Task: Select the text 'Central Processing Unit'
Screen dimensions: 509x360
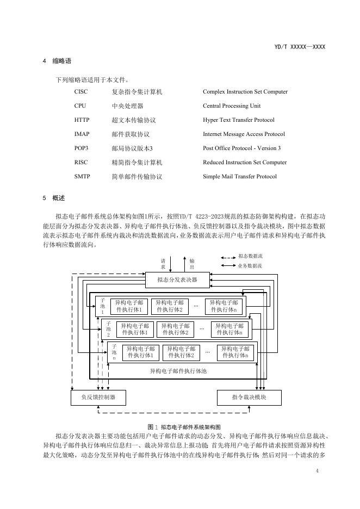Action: point(232,106)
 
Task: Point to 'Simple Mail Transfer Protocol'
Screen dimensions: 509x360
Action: point(240,177)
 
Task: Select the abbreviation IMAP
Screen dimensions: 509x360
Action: point(82,134)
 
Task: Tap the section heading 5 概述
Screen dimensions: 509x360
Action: point(54,198)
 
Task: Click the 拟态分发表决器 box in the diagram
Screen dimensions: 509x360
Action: point(177,281)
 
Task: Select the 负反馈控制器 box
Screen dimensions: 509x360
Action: point(98,398)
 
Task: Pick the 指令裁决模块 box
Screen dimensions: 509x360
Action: point(249,398)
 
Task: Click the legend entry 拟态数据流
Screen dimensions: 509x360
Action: point(250,256)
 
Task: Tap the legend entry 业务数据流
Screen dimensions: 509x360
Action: point(250,266)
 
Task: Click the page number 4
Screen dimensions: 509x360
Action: point(316,470)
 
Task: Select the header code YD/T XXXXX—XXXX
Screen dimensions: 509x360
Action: point(300,47)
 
